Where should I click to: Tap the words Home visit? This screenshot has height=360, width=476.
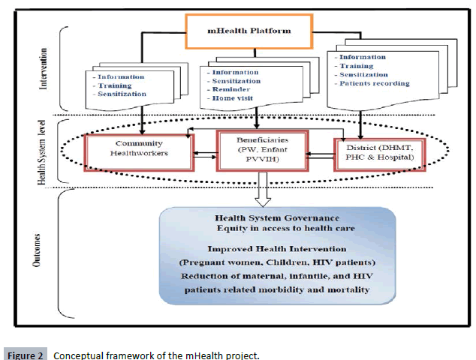point(236,97)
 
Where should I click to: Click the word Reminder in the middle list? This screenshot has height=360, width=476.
point(233,88)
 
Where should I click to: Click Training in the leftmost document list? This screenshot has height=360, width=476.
point(117,86)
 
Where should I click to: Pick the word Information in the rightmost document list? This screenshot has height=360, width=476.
point(364,57)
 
